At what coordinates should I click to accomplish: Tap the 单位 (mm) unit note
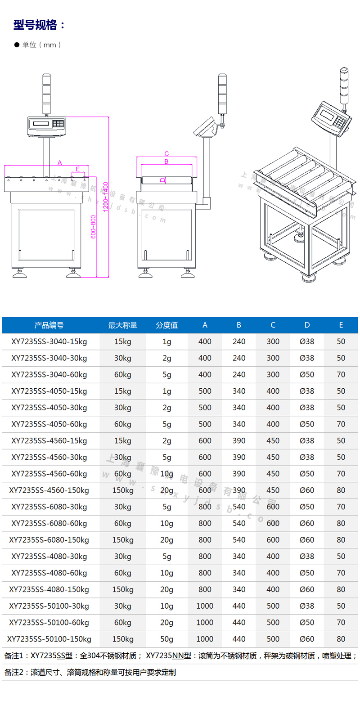[x=42, y=45]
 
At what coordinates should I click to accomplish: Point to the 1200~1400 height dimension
[x=106, y=197]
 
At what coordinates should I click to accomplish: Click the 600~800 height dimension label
[x=94, y=227]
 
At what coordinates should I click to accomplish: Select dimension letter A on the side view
[x=60, y=163]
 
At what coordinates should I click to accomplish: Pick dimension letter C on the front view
[x=166, y=154]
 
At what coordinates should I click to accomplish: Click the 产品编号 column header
[x=49, y=325]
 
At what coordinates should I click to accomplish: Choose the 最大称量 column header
[x=123, y=325]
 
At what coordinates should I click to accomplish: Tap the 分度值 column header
[x=167, y=325]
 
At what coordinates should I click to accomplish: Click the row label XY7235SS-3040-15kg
[x=49, y=342]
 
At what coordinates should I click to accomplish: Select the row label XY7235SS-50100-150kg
[x=49, y=639]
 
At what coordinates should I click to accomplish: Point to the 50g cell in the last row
[x=167, y=639]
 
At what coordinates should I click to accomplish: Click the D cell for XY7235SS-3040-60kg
[x=307, y=375]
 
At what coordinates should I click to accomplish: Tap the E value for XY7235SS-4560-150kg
[x=341, y=490]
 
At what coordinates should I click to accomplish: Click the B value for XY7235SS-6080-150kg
[x=239, y=540]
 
